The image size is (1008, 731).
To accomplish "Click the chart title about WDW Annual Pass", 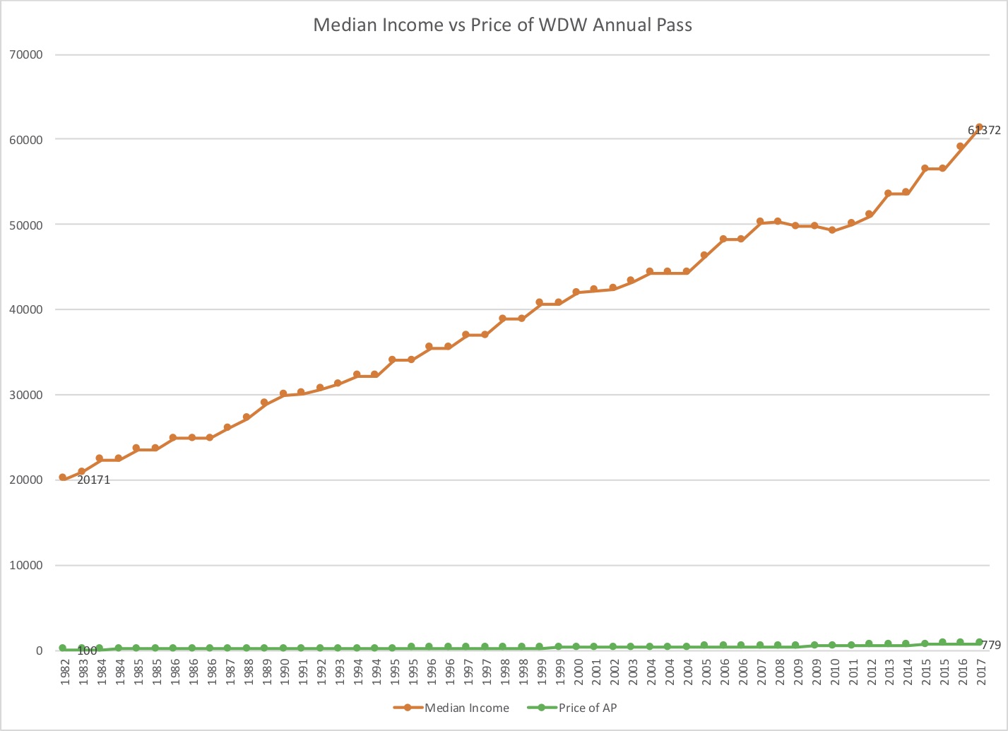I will (x=502, y=25).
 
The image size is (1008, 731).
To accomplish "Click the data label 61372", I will (x=984, y=131).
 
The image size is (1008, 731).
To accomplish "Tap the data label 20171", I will (x=93, y=480).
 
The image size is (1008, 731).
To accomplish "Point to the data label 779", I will (x=992, y=645).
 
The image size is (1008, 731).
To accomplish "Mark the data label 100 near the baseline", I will (x=87, y=650).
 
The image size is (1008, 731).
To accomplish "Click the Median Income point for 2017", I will (x=979, y=128).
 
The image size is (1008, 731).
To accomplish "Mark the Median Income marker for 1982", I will (x=63, y=477).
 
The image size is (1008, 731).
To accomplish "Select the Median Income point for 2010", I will (x=832, y=230).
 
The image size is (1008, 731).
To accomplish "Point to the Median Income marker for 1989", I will (x=264, y=403).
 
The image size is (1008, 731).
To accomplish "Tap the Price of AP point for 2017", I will (x=979, y=643).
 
